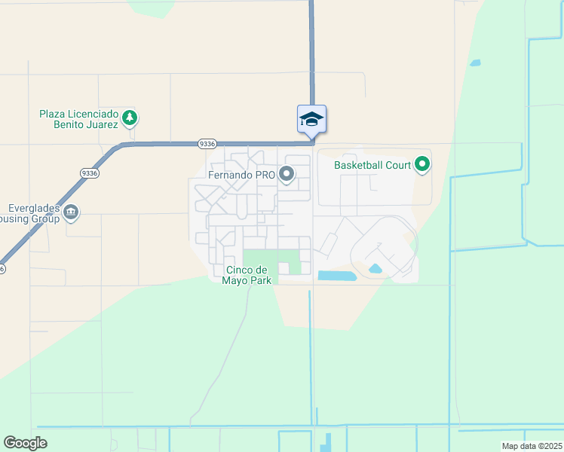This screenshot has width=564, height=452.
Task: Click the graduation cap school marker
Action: [311, 119]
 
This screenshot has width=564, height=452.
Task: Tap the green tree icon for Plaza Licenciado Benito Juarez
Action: [130, 118]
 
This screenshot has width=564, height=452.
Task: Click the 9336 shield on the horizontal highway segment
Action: [207, 143]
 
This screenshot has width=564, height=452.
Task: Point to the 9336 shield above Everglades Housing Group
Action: [89, 173]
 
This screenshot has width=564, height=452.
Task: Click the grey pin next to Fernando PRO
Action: [287, 175]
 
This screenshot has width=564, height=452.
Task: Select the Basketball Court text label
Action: [372, 164]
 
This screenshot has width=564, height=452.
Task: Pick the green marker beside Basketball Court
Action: [422, 163]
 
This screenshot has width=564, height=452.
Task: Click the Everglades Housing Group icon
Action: [71, 212]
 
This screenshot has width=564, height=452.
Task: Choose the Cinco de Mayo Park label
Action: [247, 276]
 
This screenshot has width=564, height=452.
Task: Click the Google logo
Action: [25, 443]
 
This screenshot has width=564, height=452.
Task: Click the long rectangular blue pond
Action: [336, 276]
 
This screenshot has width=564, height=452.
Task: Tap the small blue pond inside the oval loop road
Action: [375, 269]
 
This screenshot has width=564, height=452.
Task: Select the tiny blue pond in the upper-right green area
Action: [475, 63]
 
